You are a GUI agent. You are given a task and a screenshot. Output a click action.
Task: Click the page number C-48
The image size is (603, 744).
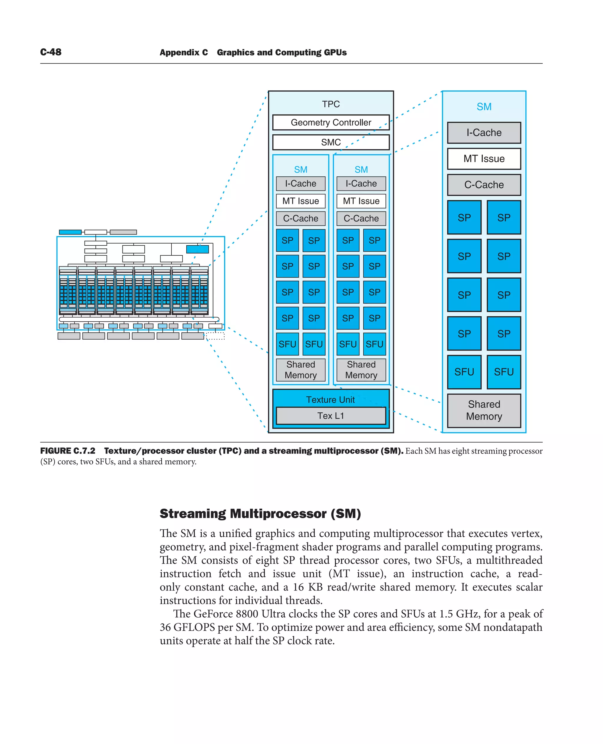pyautogui.click(x=51, y=52)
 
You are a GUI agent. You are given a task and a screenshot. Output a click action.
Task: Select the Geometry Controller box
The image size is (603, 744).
pyautogui.click(x=331, y=122)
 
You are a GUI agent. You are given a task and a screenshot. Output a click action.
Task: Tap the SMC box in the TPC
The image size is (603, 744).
pyautogui.click(x=331, y=142)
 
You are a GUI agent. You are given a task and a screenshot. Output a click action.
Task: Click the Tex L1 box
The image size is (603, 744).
pyautogui.click(x=331, y=416)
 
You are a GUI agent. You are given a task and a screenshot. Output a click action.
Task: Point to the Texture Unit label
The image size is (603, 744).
pyautogui.click(x=331, y=400)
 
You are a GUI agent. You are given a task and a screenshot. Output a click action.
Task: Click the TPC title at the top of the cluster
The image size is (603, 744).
pyautogui.click(x=331, y=104)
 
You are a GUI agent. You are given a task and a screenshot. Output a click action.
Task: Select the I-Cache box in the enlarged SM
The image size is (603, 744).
pyautogui.click(x=484, y=133)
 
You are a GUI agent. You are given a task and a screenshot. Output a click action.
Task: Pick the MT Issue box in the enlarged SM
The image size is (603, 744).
pyautogui.click(x=484, y=159)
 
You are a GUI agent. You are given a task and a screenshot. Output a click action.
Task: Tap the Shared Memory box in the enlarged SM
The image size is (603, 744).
pyautogui.click(x=484, y=410)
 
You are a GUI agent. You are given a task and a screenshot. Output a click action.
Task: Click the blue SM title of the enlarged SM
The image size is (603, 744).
pyautogui.click(x=484, y=107)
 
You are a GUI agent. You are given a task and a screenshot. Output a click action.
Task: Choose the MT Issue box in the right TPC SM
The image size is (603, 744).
pyautogui.click(x=361, y=201)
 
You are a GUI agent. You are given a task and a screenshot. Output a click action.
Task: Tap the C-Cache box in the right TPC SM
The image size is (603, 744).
pyautogui.click(x=361, y=218)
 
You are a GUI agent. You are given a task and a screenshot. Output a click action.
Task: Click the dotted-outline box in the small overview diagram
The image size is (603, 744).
pyautogui.click(x=215, y=336)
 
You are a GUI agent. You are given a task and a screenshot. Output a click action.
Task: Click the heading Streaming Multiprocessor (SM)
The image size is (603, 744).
pyautogui.click(x=260, y=513)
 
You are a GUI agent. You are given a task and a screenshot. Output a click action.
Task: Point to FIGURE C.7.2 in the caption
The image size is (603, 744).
pyautogui.click(x=68, y=451)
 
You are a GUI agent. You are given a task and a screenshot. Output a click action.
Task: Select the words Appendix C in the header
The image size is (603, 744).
pyautogui.click(x=184, y=52)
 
